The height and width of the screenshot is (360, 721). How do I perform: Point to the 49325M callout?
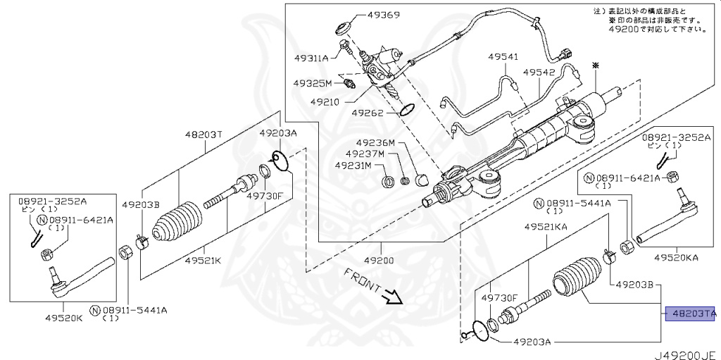(313, 83)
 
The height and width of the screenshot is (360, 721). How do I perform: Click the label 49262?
(368, 112)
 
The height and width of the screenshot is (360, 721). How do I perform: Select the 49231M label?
(353, 166)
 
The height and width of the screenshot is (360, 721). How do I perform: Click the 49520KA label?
(676, 259)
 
